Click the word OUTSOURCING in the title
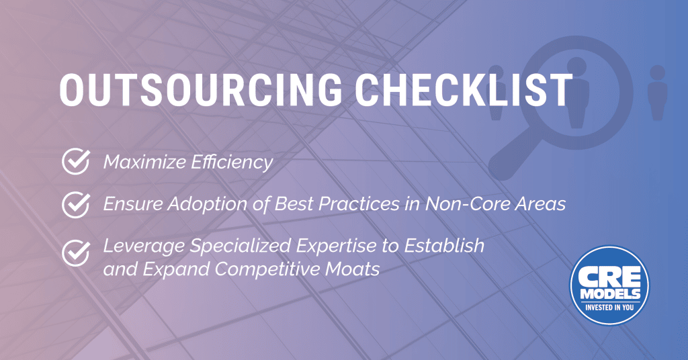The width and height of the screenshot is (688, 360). [x=200, y=90]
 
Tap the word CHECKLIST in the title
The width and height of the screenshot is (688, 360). [x=464, y=90]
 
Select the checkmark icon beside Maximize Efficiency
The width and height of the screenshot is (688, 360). [x=76, y=161]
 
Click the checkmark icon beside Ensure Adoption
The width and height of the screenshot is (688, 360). [x=76, y=204]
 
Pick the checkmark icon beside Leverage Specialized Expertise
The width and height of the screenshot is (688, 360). [x=76, y=253]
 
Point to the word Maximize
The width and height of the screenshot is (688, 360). [x=144, y=162]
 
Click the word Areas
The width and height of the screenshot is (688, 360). [x=541, y=204]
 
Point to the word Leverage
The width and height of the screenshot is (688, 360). [x=144, y=246]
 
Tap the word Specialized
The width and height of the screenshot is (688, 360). [x=241, y=246]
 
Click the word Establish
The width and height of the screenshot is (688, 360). [x=444, y=246]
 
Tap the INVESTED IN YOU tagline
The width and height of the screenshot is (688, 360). [x=609, y=308]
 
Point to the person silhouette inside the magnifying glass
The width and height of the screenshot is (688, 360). [x=576, y=93]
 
